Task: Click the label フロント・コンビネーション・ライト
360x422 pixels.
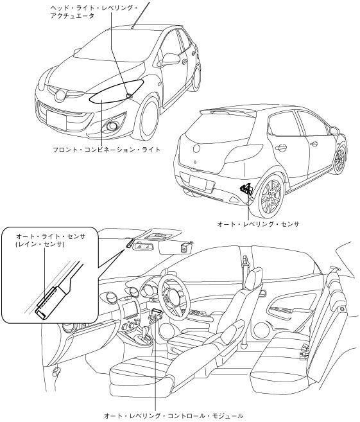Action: coord(107,150)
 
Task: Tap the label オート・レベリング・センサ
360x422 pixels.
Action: coord(258,224)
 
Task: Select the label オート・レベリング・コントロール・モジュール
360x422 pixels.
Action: coord(173,416)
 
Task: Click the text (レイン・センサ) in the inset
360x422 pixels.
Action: coord(40,244)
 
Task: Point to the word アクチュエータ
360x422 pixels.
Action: coord(73,16)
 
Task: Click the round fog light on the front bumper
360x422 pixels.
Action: coord(110,126)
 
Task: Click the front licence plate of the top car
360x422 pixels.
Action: coord(56,118)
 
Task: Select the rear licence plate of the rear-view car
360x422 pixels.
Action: coord(202,184)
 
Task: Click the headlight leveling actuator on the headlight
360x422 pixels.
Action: coord(130,95)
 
